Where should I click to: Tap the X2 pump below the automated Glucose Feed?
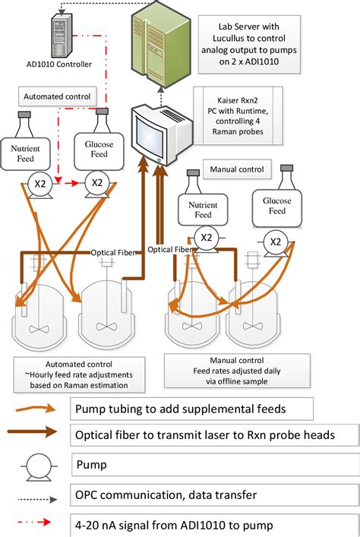click(96, 184)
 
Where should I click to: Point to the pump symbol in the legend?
click(32, 463)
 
